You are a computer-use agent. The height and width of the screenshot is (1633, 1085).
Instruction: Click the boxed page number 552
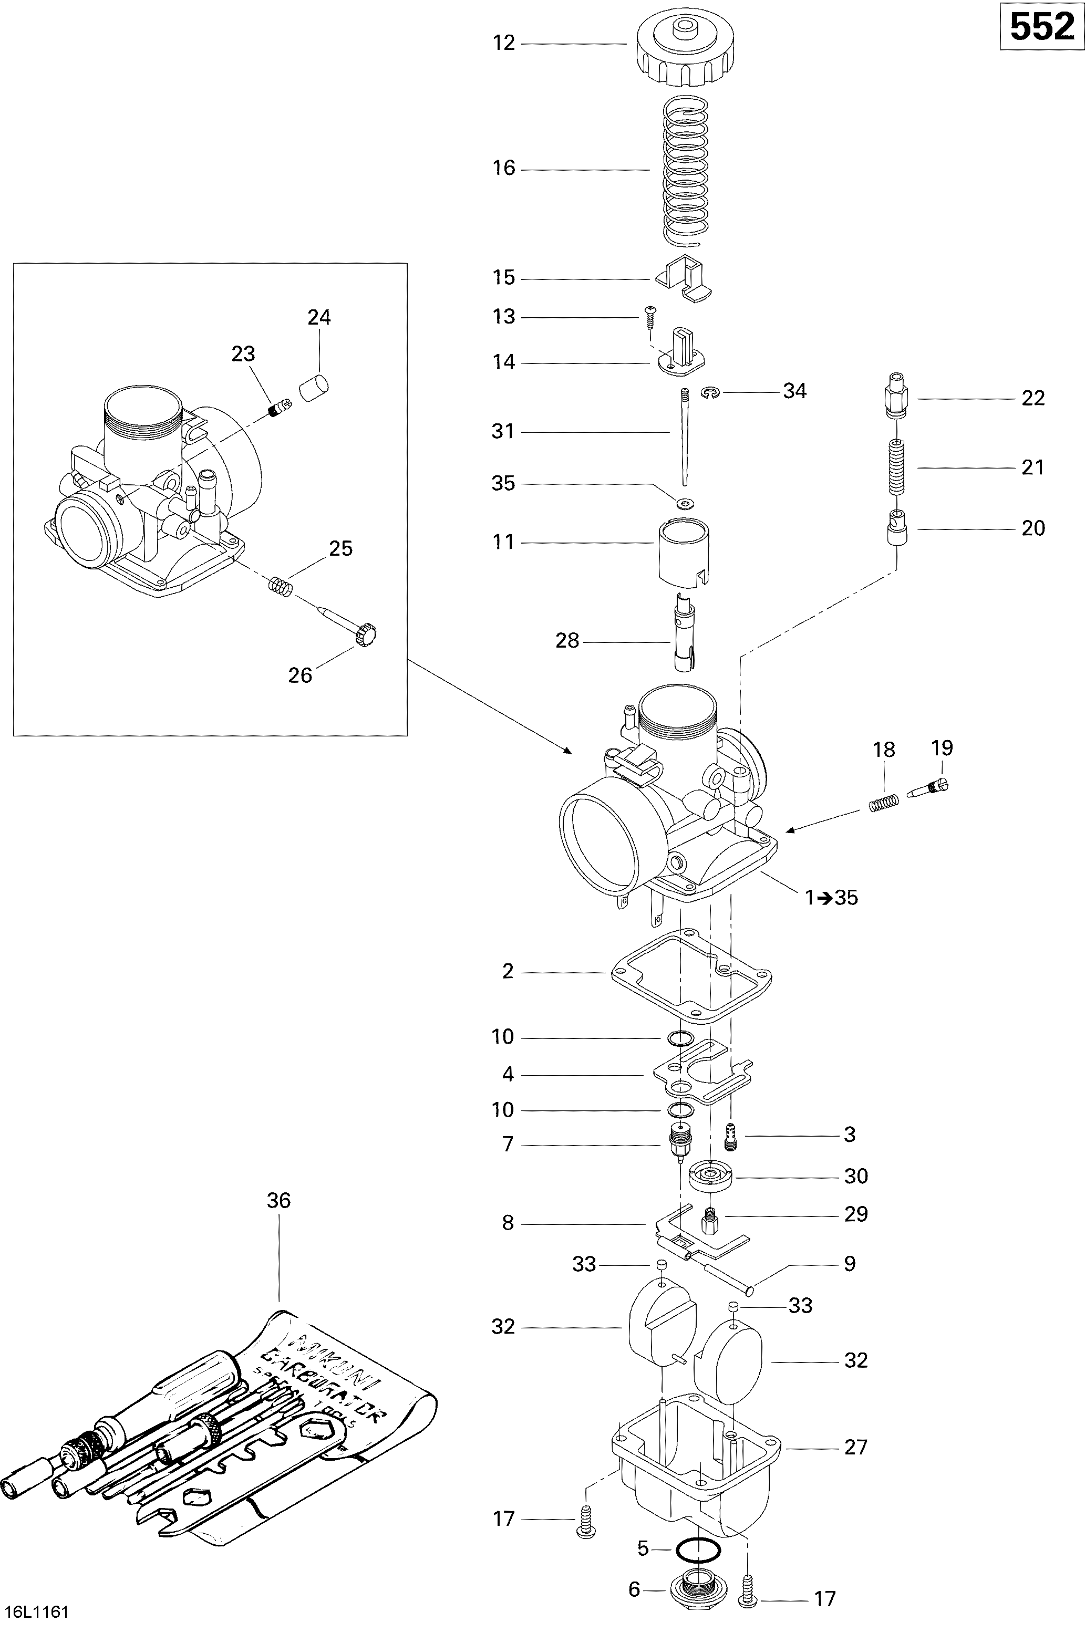pyautogui.click(x=1042, y=28)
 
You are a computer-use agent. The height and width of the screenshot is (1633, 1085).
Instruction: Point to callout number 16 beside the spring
pyautogui.click(x=504, y=168)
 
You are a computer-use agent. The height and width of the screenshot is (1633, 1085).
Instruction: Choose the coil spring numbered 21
pyautogui.click(x=897, y=467)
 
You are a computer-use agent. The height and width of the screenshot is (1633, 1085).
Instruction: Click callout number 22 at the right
pyautogui.click(x=1032, y=398)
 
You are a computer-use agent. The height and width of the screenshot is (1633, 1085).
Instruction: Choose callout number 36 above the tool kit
pyautogui.click(x=279, y=1200)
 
